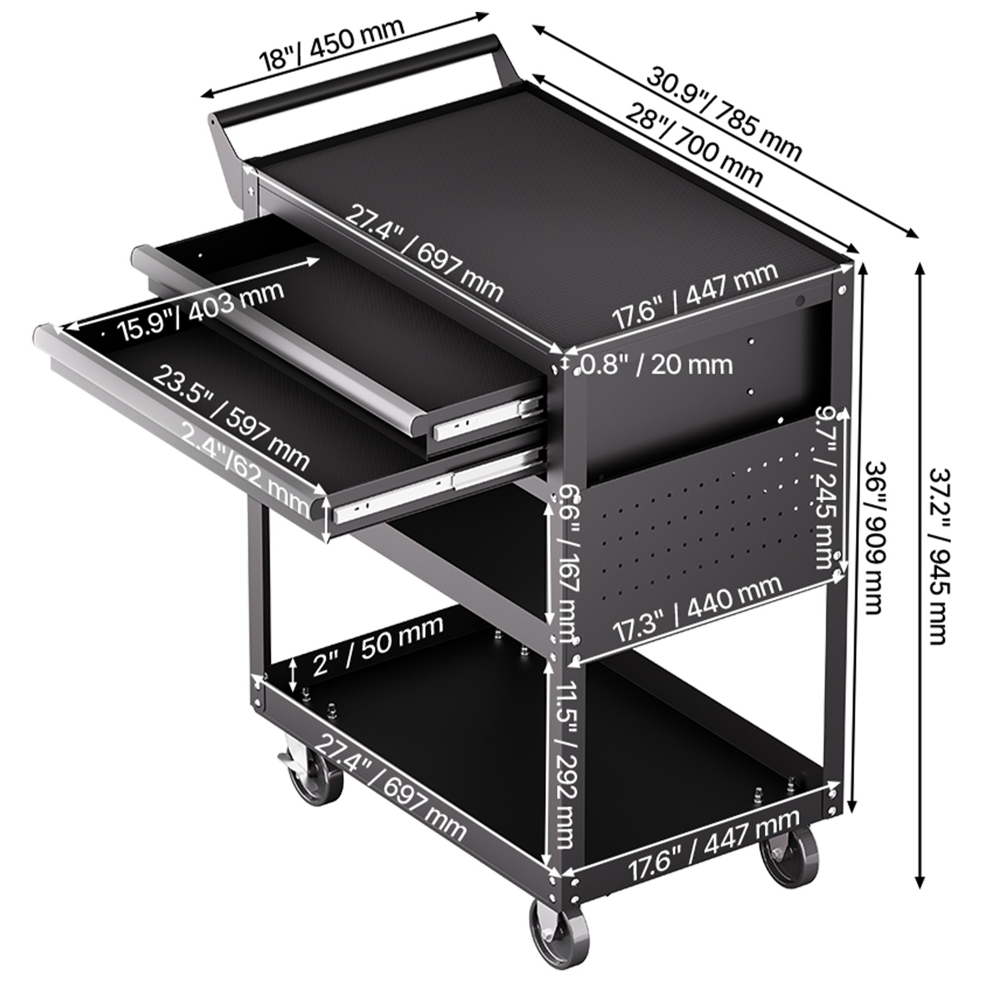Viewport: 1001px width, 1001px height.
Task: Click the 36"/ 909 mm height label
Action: coord(873,538)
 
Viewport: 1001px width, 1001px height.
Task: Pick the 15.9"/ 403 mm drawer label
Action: coord(200,310)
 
